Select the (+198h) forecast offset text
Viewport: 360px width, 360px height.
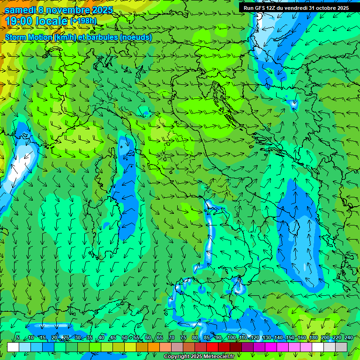point(83,21)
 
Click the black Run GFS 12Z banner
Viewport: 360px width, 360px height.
point(296,8)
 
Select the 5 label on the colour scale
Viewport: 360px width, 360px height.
point(18,338)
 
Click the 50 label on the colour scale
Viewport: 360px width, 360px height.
point(124,338)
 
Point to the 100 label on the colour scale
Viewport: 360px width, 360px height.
point(231,338)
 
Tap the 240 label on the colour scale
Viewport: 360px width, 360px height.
point(348,338)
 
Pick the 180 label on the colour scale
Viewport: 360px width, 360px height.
point(313,338)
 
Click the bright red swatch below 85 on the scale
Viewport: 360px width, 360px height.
point(212,347)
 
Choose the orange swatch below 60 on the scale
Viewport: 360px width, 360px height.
point(154,347)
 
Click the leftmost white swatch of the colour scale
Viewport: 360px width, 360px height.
point(13,347)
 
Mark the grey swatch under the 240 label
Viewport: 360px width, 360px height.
point(341,347)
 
